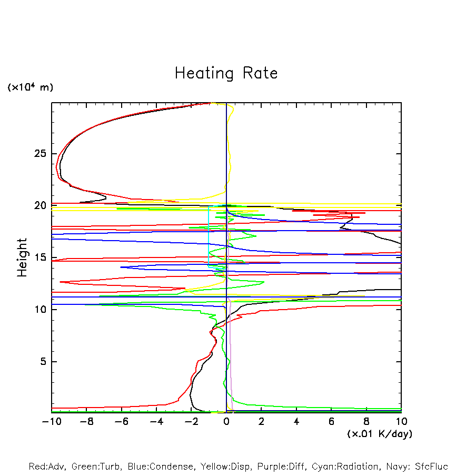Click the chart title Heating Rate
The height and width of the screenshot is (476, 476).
click(x=226, y=73)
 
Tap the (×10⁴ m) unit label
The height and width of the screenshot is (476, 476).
click(x=30, y=87)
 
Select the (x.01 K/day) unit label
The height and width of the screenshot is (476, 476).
click(x=380, y=433)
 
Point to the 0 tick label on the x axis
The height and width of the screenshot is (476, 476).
click(x=226, y=421)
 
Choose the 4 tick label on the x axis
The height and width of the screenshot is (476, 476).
click(x=296, y=421)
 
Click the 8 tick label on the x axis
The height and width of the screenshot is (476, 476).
click(x=366, y=421)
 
